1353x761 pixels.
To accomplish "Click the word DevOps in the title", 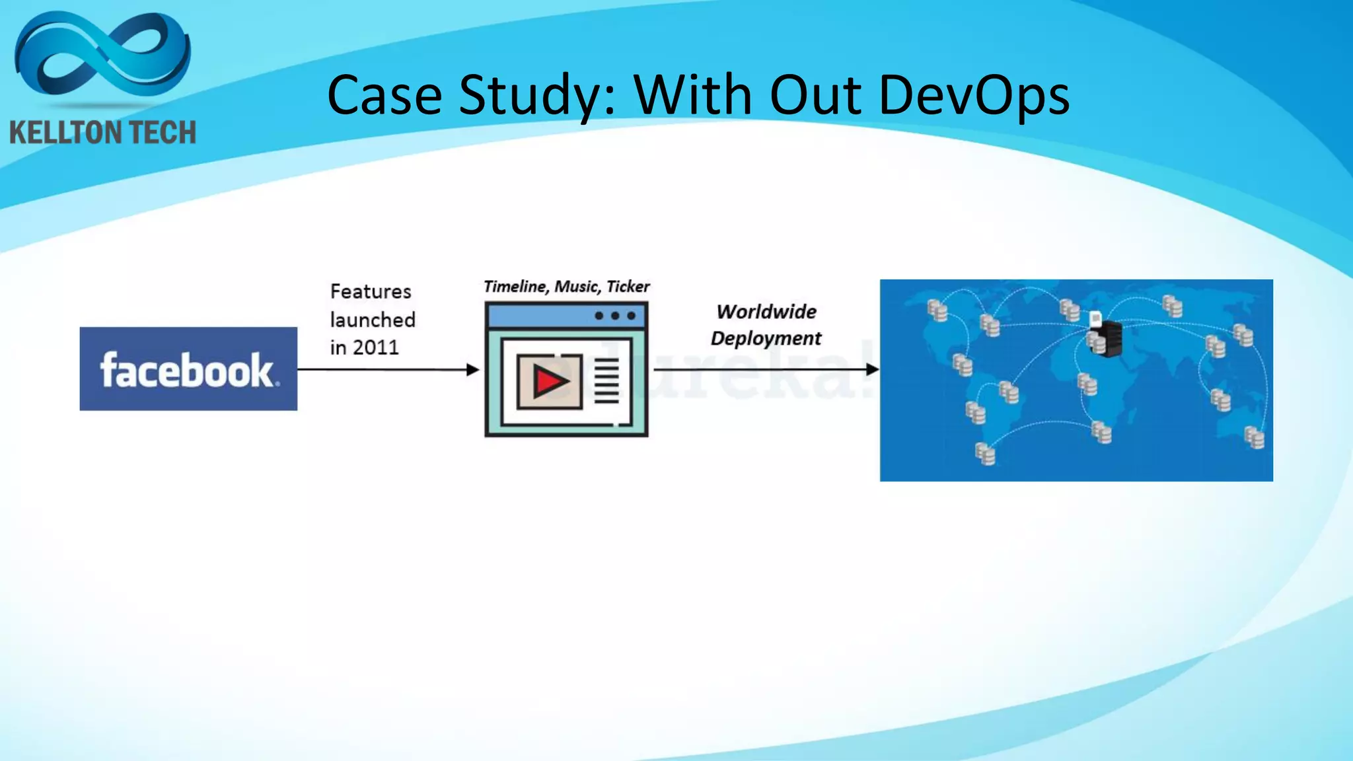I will pyautogui.click(x=974, y=96).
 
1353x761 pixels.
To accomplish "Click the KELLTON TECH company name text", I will pyautogui.click(x=103, y=133).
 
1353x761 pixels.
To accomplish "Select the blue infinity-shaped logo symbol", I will pyautogui.click(x=102, y=56).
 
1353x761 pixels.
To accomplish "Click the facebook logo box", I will pyautogui.click(x=188, y=369).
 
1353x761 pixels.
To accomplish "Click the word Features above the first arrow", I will pyautogui.click(x=371, y=291).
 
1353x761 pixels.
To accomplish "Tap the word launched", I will pyautogui.click(x=373, y=320).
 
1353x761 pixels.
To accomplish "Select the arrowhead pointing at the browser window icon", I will pyautogui.click(x=472, y=369).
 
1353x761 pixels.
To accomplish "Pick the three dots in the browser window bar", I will pyautogui.click(x=615, y=316).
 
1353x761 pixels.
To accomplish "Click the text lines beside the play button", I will pyautogui.click(x=606, y=380).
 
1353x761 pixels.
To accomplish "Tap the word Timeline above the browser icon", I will pyautogui.click(x=515, y=287).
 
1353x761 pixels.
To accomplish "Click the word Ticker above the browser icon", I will pyautogui.click(x=628, y=287).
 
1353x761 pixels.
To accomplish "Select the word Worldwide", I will pyautogui.click(x=766, y=312).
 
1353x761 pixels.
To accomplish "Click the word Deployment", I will pyautogui.click(x=766, y=338).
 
